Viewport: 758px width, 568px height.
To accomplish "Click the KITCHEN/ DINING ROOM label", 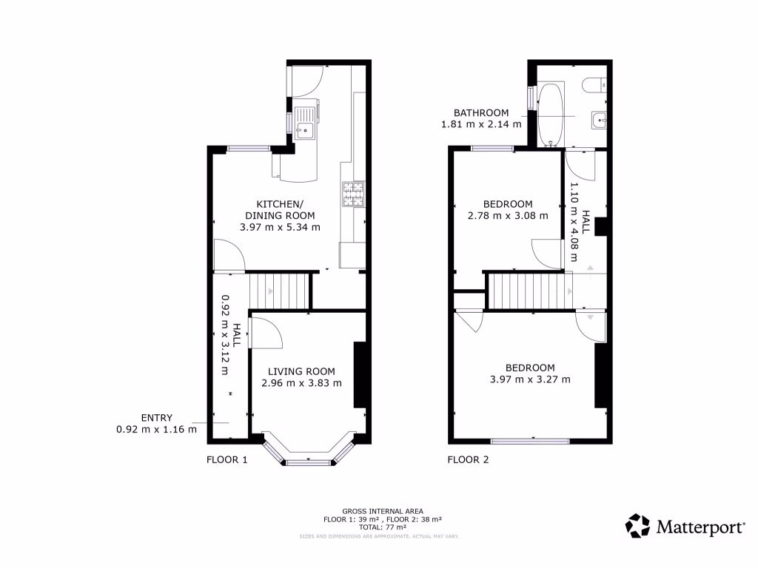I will pyautogui.click(x=279, y=210).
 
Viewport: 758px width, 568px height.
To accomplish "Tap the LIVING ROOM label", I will pyautogui.click(x=301, y=371).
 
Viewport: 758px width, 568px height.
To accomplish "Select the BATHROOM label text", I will pyautogui.click(x=481, y=113).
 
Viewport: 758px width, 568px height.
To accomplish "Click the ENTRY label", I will pyautogui.click(x=156, y=418).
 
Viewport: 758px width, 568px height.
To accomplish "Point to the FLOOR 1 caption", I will pyautogui.click(x=227, y=459).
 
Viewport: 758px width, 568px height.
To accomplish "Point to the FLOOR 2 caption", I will pyautogui.click(x=468, y=459).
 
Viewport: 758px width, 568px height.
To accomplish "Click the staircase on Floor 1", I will pyautogui.click(x=278, y=291).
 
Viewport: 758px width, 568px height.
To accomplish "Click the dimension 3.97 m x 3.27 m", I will pyautogui.click(x=530, y=379).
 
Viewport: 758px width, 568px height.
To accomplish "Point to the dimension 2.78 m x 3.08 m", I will pyautogui.click(x=508, y=216).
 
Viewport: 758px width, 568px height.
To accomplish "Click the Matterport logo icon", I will pyautogui.click(x=638, y=526).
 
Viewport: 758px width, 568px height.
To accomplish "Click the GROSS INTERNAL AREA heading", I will pyautogui.click(x=382, y=511).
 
